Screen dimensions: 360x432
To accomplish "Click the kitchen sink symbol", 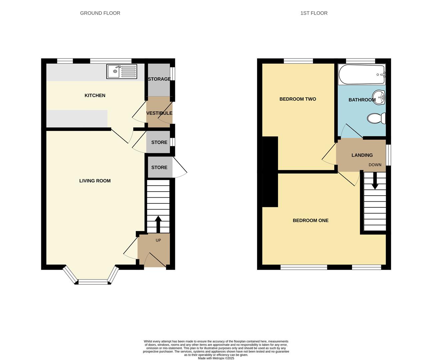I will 122,71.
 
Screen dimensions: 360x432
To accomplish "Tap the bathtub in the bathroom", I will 362,74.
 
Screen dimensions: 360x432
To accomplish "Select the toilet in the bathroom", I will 376,118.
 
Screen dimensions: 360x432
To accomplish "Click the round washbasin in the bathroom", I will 379,97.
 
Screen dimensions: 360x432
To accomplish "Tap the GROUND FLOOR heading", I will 100,13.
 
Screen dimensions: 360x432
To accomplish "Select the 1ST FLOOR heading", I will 314,13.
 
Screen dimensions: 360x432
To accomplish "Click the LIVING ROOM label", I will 95,181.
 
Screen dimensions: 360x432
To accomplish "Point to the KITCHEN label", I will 95,95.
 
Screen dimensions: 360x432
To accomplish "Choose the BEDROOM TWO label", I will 298,99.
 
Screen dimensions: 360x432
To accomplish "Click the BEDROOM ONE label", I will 310,220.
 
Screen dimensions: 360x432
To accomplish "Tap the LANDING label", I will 362,155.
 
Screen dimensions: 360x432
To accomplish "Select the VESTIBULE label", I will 159,113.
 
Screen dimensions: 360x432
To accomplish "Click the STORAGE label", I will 159,79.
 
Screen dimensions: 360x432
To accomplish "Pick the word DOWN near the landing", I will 375,165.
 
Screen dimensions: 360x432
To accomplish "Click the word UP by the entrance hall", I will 158,240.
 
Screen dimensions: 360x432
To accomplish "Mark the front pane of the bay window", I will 93,282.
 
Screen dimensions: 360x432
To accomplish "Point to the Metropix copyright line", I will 216,358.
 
